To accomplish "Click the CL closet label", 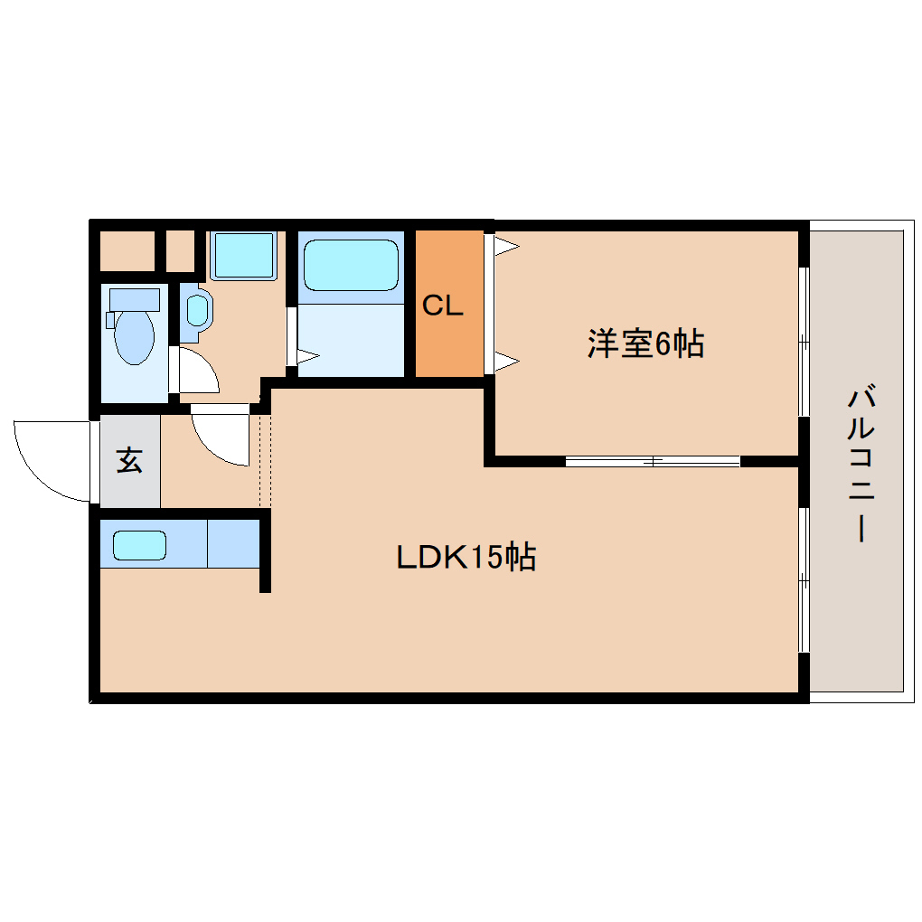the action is click(443, 306).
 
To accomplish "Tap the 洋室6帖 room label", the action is click(645, 343).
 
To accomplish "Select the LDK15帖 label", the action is click(466, 556).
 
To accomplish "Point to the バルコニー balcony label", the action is click(861, 462).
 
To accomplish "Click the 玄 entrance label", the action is click(129, 460).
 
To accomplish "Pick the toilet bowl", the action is click(134, 337).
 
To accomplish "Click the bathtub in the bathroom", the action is click(351, 265).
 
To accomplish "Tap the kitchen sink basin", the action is click(139, 545).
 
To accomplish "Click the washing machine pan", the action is click(244, 255).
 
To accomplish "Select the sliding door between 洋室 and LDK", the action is click(653, 462).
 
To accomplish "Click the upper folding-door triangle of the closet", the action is click(506, 246).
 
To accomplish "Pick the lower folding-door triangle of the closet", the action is click(506, 361).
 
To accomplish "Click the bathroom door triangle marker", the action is click(308, 356).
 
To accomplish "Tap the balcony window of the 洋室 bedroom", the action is click(804, 342).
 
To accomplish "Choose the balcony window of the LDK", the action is click(804, 579).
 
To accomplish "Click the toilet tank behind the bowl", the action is click(135, 299).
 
